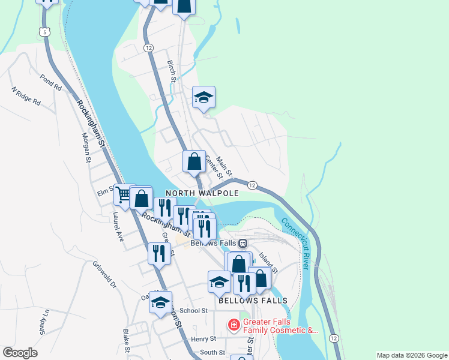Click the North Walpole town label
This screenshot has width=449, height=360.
202,193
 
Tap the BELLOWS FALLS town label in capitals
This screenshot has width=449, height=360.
253,300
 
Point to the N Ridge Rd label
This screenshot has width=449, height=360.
26,97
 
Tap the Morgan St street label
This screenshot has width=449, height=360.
86,148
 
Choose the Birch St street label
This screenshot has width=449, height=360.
172,71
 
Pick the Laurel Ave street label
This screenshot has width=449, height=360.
118,226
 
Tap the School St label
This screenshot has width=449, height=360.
193,311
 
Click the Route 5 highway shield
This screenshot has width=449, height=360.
43,31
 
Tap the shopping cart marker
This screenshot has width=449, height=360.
124,194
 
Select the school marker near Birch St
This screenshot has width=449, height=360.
203,97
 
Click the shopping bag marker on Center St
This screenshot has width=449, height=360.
194,161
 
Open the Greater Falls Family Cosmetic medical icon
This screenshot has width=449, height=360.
234,326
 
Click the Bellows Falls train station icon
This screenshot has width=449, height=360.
243,244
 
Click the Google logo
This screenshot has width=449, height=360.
20,353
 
